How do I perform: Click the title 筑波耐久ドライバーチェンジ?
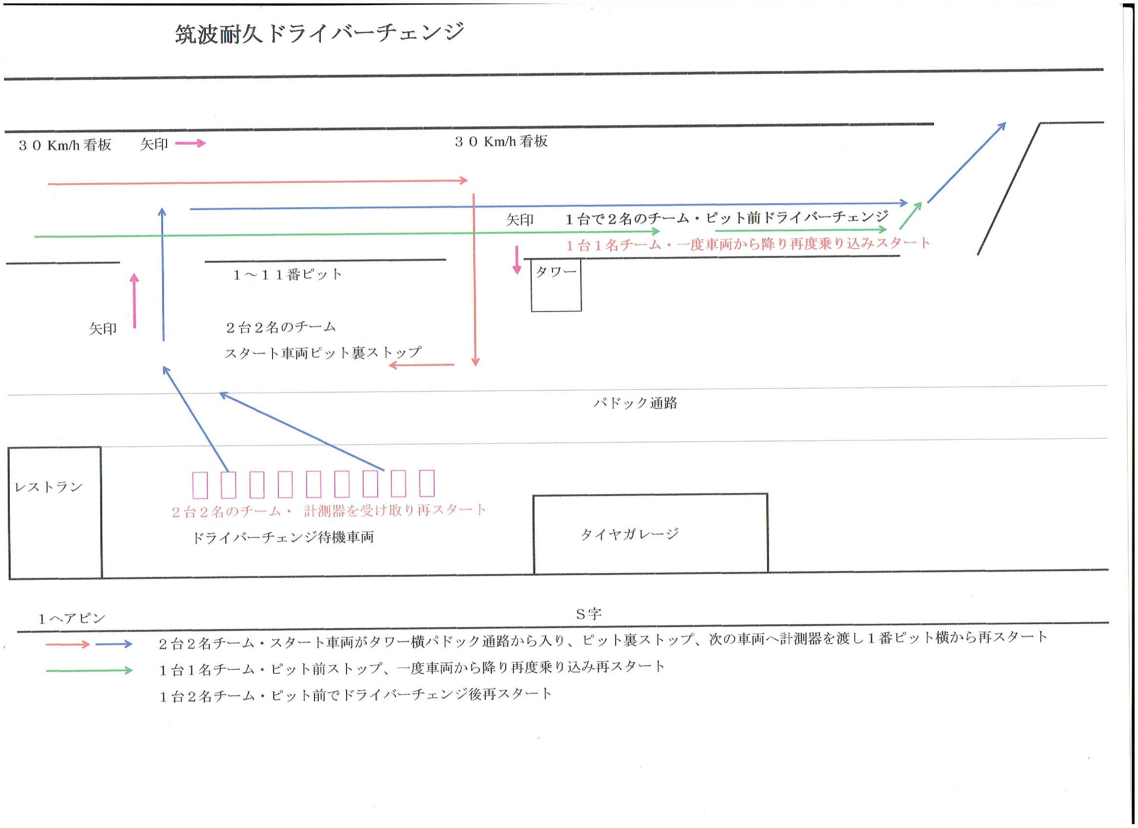[x=320, y=34]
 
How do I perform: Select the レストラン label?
[x=49, y=487]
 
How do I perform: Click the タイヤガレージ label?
[x=630, y=534]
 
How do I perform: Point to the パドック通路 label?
[x=635, y=403]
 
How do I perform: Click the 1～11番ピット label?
[x=288, y=274]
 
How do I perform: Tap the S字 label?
[x=588, y=614]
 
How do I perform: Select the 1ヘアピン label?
[x=72, y=618]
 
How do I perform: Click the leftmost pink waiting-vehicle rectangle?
[x=200, y=484]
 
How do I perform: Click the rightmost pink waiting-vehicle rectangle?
[x=427, y=483]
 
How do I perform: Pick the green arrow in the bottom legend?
[x=89, y=670]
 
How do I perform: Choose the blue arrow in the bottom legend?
[x=114, y=644]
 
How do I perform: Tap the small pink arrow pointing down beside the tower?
[x=517, y=260]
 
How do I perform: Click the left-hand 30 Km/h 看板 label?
[x=65, y=145]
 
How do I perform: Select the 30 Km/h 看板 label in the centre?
[x=501, y=142]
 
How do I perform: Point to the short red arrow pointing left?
[x=422, y=365]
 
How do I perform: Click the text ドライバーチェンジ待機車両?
[x=283, y=537]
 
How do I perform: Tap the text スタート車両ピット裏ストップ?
[x=323, y=353]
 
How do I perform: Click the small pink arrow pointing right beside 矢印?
[x=190, y=144]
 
